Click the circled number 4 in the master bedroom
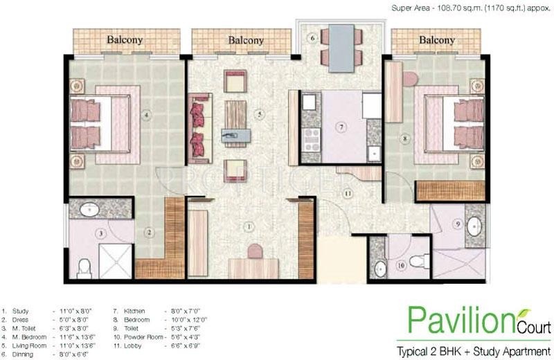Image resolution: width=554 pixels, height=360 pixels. point(145,116)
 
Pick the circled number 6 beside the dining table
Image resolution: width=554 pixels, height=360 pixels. point(312,37)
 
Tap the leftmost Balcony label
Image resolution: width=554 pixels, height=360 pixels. point(125,40)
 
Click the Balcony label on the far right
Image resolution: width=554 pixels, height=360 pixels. point(436,40)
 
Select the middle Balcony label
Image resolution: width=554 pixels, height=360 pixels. point(246,40)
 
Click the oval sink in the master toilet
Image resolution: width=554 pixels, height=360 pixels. point(89,208)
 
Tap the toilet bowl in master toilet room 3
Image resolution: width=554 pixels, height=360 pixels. point(84,266)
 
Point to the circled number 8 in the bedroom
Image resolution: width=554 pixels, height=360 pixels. point(404,138)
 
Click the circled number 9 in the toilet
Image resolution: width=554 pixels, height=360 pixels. point(458,224)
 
